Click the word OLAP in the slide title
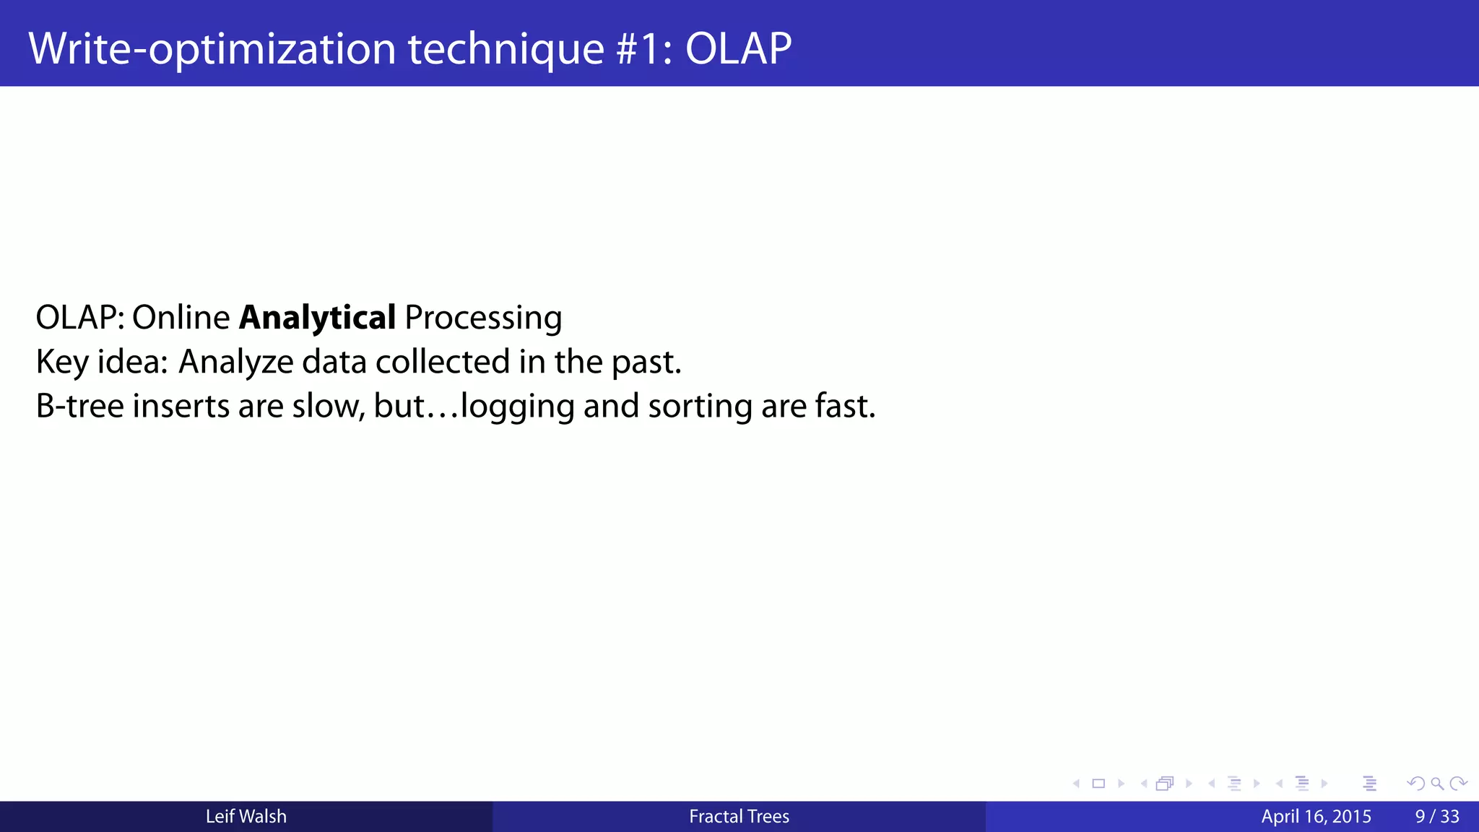738,49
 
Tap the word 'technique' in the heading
506,49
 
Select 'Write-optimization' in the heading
212,49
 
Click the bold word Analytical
317,318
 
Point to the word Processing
483,318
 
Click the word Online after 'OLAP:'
181,318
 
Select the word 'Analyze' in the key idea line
235,362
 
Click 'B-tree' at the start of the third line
79,406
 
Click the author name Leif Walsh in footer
246,817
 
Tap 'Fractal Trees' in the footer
739,817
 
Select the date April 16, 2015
1316,817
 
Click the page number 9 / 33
1437,817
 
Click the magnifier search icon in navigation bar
1437,784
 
